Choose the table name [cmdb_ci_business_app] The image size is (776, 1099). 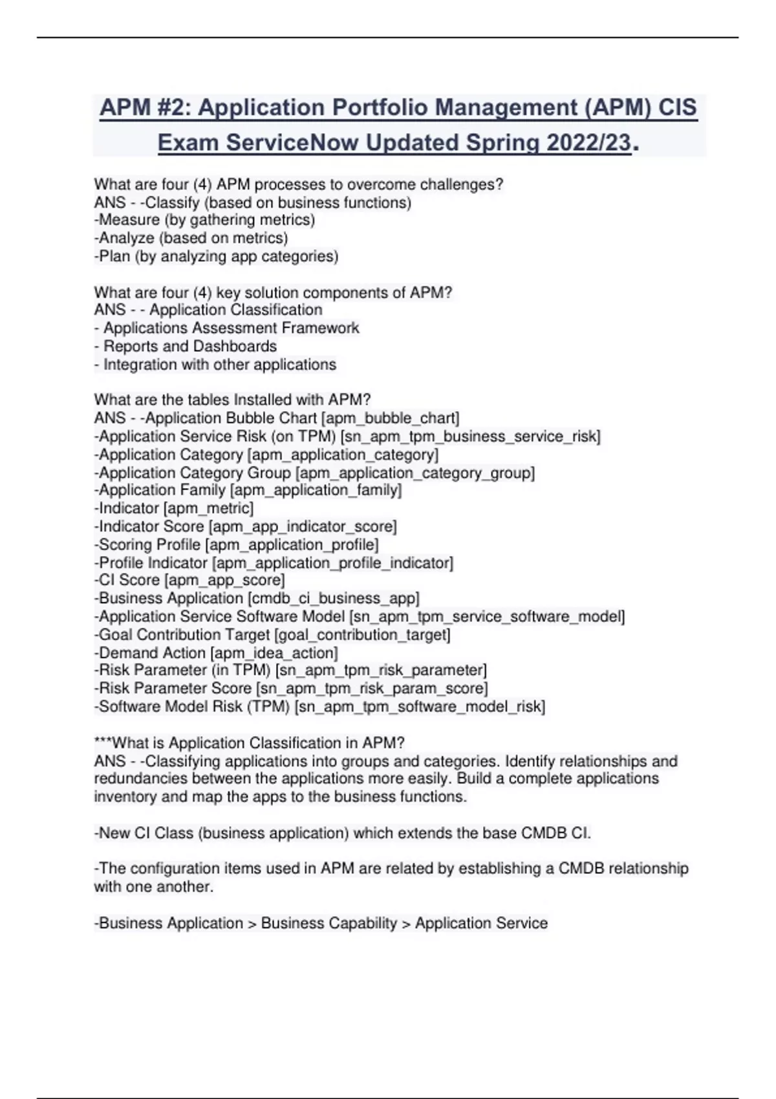coord(334,599)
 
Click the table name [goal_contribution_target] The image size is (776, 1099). coord(362,635)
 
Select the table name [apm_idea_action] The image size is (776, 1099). coord(274,653)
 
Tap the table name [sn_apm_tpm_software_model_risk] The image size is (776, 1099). coord(420,707)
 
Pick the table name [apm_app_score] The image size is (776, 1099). coord(224,581)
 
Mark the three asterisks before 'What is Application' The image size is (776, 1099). coord(103,742)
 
